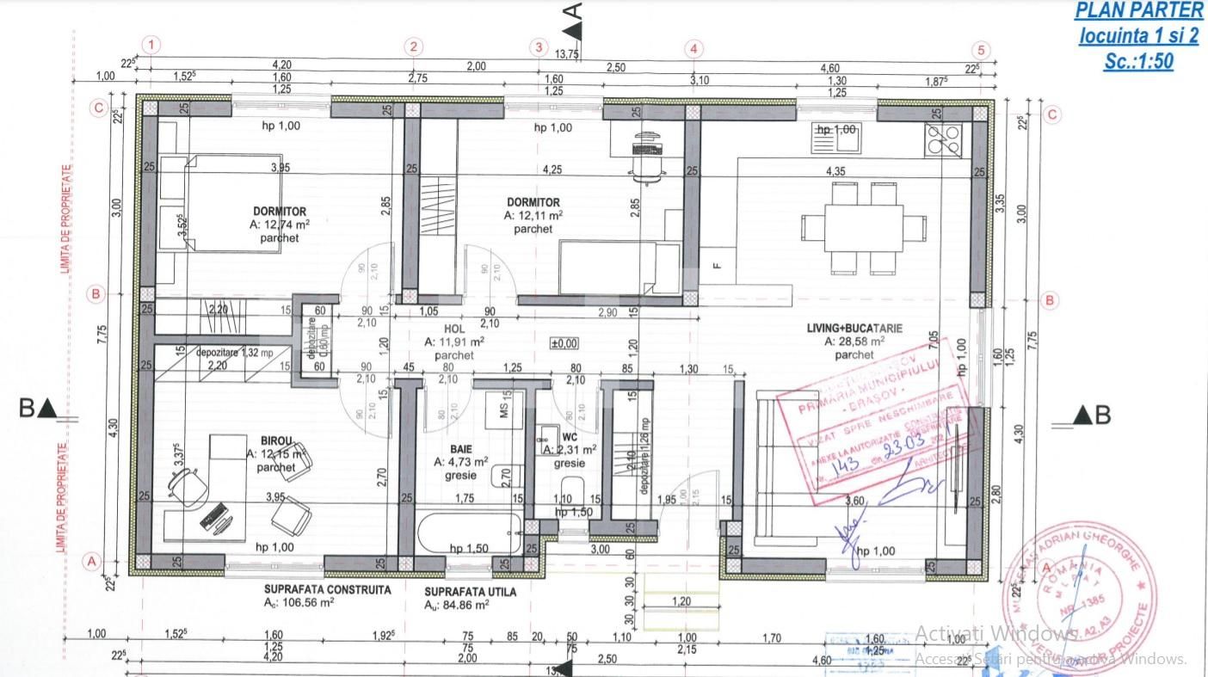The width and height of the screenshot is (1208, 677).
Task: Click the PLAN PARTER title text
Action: (1138, 10)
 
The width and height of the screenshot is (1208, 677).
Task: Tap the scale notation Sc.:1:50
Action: (1138, 62)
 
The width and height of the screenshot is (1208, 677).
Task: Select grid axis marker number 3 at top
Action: (539, 46)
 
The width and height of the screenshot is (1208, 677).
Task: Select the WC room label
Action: (568, 436)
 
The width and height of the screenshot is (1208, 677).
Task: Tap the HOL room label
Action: (454, 327)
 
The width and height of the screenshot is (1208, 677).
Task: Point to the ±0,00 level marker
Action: (564, 343)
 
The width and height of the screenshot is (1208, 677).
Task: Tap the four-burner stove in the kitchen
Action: (943, 138)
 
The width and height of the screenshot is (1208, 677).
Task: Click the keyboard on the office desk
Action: (215, 517)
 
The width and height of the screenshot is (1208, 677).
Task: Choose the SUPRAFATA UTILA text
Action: (471, 592)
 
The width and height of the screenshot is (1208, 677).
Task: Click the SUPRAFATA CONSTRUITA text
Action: (327, 590)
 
